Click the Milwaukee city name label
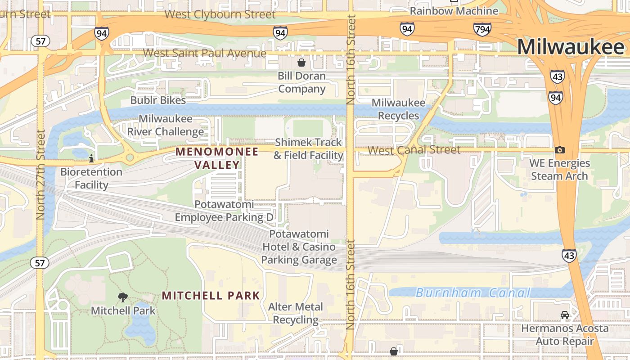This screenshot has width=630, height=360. pos(571,47)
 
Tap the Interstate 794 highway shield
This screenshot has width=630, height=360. pos(482,30)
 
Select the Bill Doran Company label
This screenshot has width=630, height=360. pos(301,82)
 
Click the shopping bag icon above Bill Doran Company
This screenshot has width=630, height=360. pos(301,62)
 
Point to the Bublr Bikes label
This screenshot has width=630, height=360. pos(158,100)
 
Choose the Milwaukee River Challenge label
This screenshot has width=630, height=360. pos(166,125)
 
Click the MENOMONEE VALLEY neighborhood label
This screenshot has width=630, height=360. pos(217,158)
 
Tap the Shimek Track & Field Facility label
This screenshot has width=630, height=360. pos(309,149)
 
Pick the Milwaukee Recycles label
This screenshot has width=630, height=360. pos(398,109)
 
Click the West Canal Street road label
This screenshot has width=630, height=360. pos(414,150)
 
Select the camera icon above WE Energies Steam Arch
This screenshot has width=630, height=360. pos(559,150)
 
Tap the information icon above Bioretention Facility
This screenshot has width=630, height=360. pos(91,158)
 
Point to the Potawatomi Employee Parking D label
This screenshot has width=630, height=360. pos(224,211)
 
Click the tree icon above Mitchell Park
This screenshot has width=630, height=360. pos(122,297)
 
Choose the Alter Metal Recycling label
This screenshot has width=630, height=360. pos(296,313)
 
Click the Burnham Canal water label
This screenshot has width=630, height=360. pos(473,293)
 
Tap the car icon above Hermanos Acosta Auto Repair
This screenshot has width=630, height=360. pos(565,315)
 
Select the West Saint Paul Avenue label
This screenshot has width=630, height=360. pos(205,53)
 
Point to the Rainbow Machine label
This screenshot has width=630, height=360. pos(454,11)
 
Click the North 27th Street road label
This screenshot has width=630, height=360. pos(41,175)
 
